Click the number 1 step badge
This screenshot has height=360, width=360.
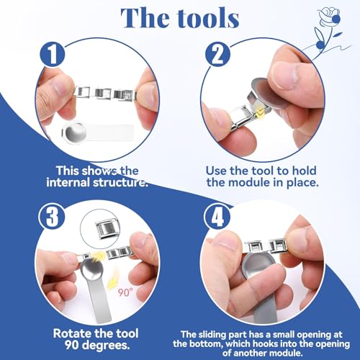tap(53, 54)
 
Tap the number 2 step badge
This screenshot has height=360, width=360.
tap(218, 54)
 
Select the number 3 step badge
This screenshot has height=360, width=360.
tap(52, 217)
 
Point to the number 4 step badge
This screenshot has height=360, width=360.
tap(217, 217)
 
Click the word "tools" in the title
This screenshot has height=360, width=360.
tap(208, 18)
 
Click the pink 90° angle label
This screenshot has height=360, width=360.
tap(125, 292)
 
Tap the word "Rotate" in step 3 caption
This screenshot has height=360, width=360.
tap(72, 333)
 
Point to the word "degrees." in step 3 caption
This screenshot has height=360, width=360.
tap(107, 345)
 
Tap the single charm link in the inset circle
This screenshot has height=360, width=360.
tap(107, 230)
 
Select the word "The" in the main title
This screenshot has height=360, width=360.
tap(145, 18)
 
